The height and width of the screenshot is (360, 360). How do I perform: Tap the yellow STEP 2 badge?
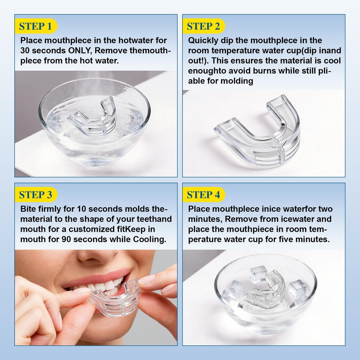click(204, 26)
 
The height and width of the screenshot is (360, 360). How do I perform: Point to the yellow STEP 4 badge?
click(204, 194)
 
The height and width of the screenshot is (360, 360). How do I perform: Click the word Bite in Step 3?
click(28, 209)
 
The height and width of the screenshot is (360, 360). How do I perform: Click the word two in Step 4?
click(325, 209)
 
